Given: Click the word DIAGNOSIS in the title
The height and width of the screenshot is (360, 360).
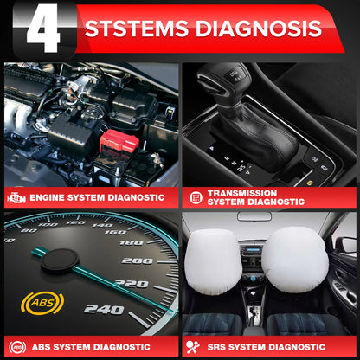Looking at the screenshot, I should (258, 29).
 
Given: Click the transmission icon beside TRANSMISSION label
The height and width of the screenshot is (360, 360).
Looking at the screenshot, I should (196, 197).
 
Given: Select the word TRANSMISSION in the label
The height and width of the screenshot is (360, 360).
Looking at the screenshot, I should (242, 193).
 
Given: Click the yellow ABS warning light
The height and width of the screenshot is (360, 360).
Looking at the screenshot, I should (42, 305).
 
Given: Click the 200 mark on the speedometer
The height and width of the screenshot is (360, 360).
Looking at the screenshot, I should (136, 260).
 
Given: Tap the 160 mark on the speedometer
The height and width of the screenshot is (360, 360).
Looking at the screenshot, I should (113, 231).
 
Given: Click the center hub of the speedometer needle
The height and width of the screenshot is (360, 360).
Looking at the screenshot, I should (61, 259).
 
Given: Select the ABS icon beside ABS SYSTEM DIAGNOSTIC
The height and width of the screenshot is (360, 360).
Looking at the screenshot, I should (16, 347).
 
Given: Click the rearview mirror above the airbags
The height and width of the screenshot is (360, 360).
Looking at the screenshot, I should (254, 216).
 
